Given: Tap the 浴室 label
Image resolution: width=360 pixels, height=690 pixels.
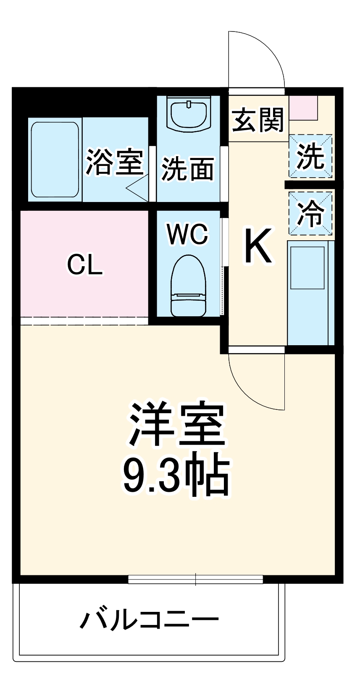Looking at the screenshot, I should tap(114, 162).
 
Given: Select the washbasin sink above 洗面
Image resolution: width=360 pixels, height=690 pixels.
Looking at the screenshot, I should tap(189, 113).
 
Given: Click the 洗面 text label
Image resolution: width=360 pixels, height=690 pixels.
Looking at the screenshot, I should tap(188, 169).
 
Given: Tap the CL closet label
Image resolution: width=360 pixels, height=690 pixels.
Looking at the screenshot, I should tap(85, 265).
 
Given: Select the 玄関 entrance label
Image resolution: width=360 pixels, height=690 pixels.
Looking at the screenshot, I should tap(258, 120).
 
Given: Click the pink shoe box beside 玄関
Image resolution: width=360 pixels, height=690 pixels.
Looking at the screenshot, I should tap(303, 108).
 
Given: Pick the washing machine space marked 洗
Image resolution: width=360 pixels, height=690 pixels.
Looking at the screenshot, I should tap(310, 156).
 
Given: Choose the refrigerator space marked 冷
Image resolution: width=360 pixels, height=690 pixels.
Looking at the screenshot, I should tap(310, 213).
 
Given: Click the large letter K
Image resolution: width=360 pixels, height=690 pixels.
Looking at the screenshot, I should tap(258, 247).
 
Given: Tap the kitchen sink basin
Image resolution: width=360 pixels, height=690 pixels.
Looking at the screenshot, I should tap(307, 268).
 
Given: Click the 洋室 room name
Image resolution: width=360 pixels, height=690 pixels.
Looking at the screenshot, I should tap(176, 424).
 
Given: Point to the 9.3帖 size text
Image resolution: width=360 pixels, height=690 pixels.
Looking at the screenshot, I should tap(176, 474).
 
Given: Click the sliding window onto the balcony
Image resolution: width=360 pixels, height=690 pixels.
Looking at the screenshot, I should tap(196, 580).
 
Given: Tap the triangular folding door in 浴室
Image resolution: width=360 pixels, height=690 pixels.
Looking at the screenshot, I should tap(139, 187).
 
